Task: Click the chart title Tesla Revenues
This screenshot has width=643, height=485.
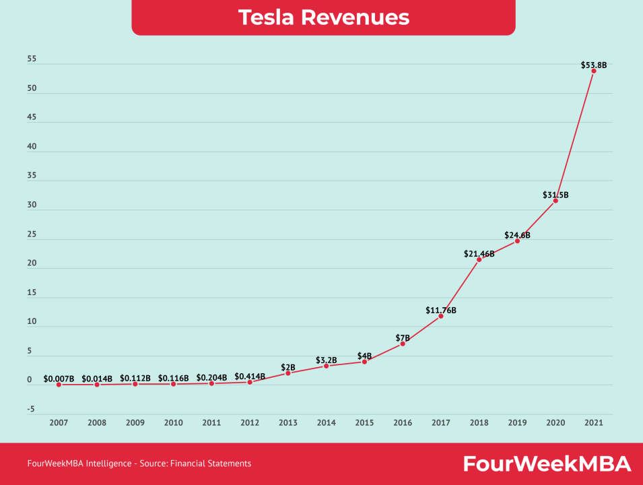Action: (323, 18)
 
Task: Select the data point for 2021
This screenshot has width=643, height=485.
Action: (593, 71)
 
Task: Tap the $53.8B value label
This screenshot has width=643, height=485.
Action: (593, 65)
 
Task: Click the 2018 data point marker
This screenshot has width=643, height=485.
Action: (479, 259)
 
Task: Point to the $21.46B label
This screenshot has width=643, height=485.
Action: (479, 254)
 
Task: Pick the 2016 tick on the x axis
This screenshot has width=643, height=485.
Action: (403, 422)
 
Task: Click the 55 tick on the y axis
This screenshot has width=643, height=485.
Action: (32, 60)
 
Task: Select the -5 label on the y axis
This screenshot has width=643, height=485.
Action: (32, 409)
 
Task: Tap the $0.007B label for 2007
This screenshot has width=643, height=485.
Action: (59, 379)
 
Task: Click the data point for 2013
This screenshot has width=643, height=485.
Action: (288, 373)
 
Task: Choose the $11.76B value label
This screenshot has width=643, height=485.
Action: (441, 311)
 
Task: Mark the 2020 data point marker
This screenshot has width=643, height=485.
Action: (555, 200)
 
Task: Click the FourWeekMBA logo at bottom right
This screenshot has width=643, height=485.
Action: (546, 463)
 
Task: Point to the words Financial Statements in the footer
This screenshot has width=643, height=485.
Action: (215, 463)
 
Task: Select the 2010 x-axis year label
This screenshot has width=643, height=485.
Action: (174, 422)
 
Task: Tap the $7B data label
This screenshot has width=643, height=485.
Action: (403, 337)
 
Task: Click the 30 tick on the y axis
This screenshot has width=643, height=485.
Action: (32, 205)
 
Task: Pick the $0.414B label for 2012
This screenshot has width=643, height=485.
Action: (250, 377)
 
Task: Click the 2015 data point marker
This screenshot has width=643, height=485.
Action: (364, 362)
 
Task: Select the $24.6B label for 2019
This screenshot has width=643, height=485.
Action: (517, 235)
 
